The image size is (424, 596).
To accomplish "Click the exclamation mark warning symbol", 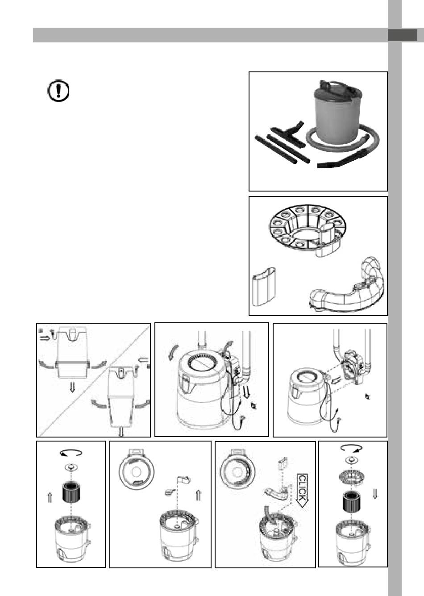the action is pyautogui.click(x=58, y=91).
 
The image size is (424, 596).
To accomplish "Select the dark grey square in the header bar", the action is pyautogui.click(x=403, y=35).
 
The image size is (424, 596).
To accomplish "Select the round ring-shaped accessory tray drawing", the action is pyautogui.click(x=307, y=229).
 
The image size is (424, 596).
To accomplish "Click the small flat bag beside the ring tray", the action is pyautogui.click(x=264, y=287).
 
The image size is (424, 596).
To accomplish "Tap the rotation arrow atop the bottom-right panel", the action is pyautogui.click(x=351, y=448).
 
